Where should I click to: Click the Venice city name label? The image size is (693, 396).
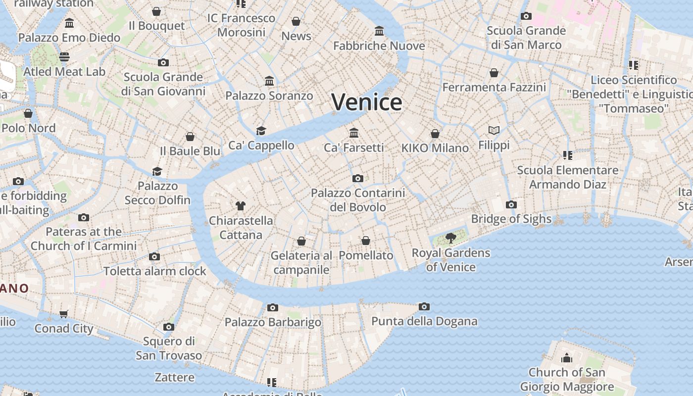click(x=367, y=102)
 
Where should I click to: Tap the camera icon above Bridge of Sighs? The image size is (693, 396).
click(x=511, y=204)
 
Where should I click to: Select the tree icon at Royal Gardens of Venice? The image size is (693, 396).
click(x=451, y=238)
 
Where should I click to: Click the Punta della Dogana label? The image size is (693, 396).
click(x=424, y=321)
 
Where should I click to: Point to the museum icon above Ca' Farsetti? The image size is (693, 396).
click(x=354, y=133)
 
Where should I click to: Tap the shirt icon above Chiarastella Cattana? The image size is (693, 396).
click(x=241, y=206)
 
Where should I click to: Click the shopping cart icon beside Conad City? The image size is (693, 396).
click(x=64, y=314)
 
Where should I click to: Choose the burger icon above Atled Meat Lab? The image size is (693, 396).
click(x=64, y=56)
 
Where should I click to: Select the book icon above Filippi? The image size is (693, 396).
click(x=494, y=130)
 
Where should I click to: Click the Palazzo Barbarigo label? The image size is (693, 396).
click(x=273, y=322)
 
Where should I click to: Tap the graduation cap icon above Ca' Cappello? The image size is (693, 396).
click(x=261, y=131)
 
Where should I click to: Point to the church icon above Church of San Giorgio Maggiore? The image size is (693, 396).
click(x=566, y=357)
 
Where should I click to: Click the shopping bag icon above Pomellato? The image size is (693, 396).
click(x=366, y=241)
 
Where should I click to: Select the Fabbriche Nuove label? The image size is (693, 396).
click(x=379, y=46)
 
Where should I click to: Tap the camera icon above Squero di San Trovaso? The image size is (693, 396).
click(x=169, y=327)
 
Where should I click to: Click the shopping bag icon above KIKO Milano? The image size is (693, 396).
click(x=435, y=134)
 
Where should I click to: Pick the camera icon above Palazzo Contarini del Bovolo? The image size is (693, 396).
click(x=357, y=178)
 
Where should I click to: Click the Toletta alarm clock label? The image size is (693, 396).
click(x=154, y=271)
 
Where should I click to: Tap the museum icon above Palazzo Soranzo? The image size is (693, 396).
click(x=269, y=81)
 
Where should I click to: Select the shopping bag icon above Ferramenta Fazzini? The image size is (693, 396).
click(x=494, y=73)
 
